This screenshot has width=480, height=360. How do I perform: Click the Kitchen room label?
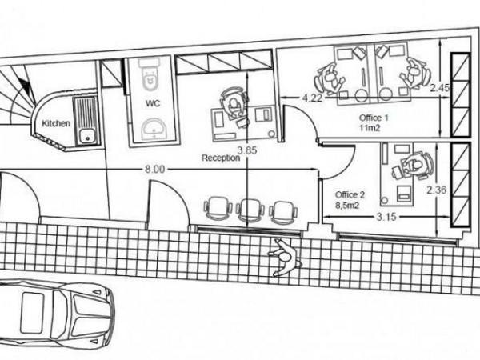tap(56, 124)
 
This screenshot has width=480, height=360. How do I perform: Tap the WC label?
tap(153, 103)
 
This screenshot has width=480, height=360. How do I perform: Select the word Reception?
tap(221, 158)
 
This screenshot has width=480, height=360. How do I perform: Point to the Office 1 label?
tap(374, 118)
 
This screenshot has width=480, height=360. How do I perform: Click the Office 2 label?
tap(350, 194)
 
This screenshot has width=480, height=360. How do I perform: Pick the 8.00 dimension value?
tap(154, 170)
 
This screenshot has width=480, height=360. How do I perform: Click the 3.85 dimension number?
tap(248, 150)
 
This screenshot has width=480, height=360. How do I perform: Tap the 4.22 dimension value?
tap(313, 98)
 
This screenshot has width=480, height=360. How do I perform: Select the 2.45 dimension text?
tap(439, 88)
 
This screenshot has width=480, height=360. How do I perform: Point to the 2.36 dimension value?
tap(437, 190)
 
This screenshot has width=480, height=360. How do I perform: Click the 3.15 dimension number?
tap(386, 217)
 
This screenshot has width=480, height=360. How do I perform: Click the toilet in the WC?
tap(150, 75)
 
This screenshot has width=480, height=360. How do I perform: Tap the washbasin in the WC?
tap(154, 129)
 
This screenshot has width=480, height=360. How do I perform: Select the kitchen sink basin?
tap(87, 137)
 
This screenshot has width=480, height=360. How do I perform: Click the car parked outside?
tap(58, 313)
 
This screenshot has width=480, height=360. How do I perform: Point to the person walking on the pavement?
tap(285, 257)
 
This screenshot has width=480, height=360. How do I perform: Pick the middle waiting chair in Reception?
tap(250, 210)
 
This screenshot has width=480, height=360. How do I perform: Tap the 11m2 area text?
tap(370, 128)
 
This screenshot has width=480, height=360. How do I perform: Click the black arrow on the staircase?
tap(27, 86)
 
